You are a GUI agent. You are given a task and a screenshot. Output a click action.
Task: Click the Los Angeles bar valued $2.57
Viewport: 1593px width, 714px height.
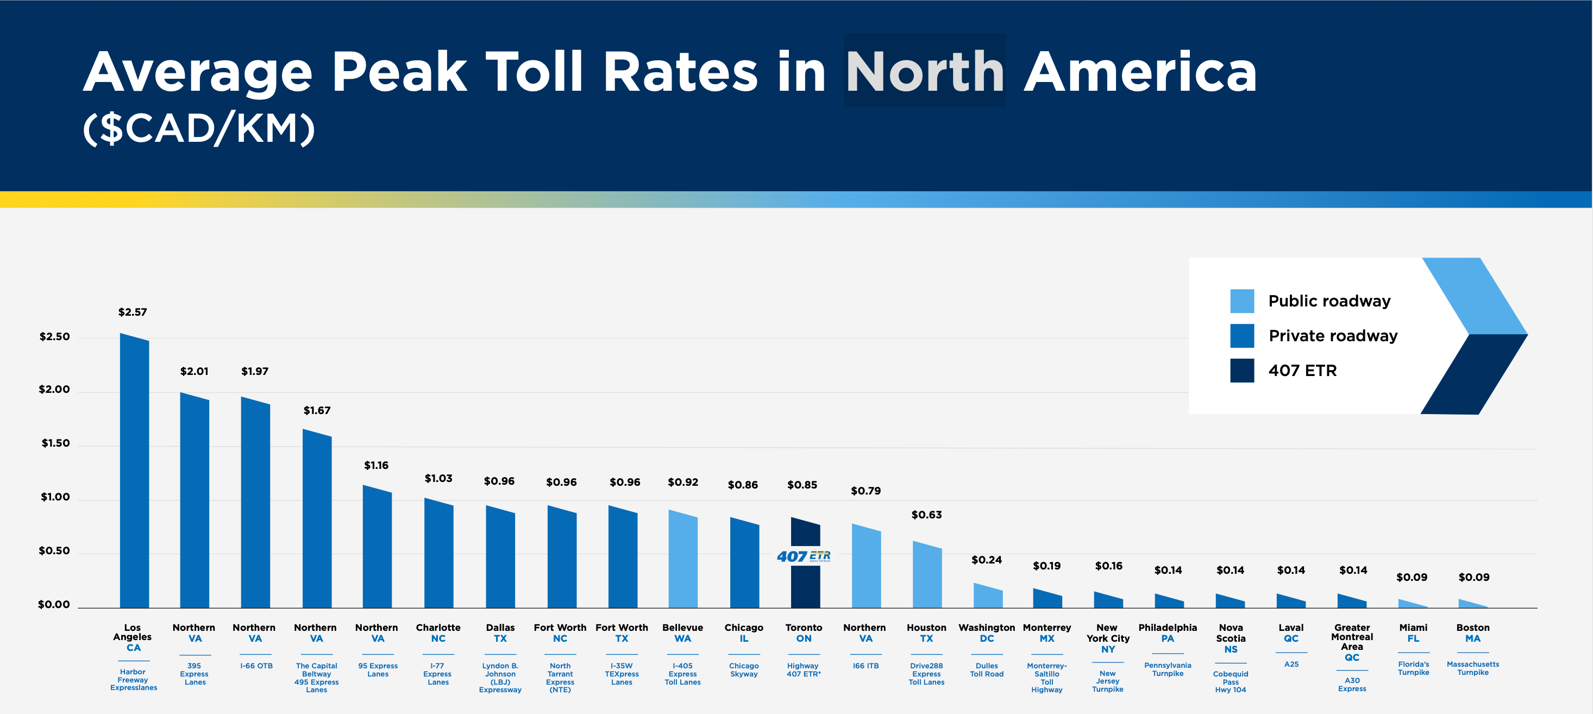134,473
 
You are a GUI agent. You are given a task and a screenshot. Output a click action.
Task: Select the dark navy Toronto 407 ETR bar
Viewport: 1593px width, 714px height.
805,588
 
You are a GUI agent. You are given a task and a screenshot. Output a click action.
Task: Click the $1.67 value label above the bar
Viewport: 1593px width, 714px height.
317,410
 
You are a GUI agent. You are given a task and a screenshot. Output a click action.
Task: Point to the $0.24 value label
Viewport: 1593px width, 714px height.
986,560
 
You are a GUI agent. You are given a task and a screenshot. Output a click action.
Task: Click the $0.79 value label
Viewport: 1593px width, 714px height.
865,491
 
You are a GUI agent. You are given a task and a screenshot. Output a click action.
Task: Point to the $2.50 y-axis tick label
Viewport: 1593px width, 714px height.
54,336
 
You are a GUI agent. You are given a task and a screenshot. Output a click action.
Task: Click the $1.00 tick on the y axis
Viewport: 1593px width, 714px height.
55,497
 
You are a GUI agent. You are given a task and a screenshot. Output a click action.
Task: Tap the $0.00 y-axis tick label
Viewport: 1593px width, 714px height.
54,604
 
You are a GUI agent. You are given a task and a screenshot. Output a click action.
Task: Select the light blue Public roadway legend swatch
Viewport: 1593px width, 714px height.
1242,300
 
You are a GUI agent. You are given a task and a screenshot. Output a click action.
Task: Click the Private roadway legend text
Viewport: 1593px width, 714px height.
1333,335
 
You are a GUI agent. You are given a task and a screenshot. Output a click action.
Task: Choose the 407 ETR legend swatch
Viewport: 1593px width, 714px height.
1242,371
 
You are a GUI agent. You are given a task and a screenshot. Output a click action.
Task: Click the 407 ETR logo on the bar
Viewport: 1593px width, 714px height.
804,556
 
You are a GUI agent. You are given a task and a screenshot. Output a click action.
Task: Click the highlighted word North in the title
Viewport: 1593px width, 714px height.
925,71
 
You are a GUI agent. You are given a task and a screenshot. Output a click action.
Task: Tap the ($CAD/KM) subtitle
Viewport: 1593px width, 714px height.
199,129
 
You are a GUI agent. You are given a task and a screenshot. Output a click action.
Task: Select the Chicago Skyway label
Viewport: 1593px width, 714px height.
743,670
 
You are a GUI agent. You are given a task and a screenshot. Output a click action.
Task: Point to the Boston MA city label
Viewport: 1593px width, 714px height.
1472,633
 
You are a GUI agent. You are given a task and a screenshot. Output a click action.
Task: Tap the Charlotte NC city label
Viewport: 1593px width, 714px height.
438,633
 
